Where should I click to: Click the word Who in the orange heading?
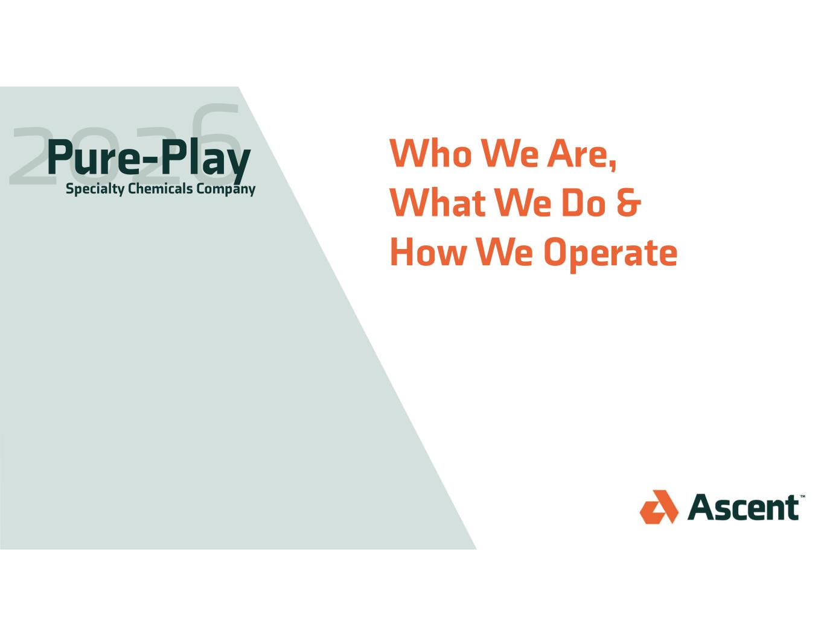430,153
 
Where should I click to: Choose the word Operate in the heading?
610,254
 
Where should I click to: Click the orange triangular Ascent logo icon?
659,506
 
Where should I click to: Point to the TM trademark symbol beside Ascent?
802,496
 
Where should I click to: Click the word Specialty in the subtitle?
95,189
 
